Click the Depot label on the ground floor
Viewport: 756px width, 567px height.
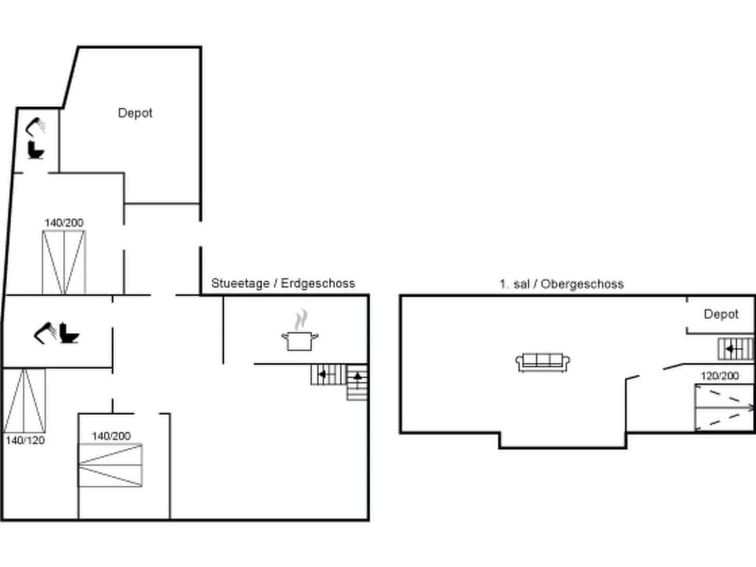tap(135, 113)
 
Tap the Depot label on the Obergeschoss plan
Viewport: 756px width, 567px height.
tap(721, 314)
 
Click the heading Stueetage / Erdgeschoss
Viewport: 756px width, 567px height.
tap(283, 283)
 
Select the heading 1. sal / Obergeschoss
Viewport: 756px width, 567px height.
tap(561, 283)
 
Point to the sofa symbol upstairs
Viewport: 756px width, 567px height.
tap(543, 361)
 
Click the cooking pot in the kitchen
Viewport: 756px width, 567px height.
tap(300, 340)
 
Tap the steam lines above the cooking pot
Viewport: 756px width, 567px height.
tap(300, 320)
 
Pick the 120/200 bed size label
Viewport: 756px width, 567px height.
tap(720, 376)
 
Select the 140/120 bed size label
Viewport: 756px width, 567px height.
tap(24, 440)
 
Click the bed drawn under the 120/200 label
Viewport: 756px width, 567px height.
tap(724, 408)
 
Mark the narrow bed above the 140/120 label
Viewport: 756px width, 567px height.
tap(24, 400)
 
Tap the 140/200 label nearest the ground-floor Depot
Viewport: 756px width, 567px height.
tap(64, 223)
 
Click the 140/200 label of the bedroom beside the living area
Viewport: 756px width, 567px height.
tap(111, 435)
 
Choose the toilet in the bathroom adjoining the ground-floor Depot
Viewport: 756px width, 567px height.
tap(36, 150)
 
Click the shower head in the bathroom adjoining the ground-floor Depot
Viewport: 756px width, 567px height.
tap(36, 125)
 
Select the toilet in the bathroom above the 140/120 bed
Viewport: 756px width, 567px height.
tap(69, 335)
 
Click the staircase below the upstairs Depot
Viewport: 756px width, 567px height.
tap(736, 348)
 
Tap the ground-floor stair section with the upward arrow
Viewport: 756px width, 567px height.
tap(357, 382)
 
